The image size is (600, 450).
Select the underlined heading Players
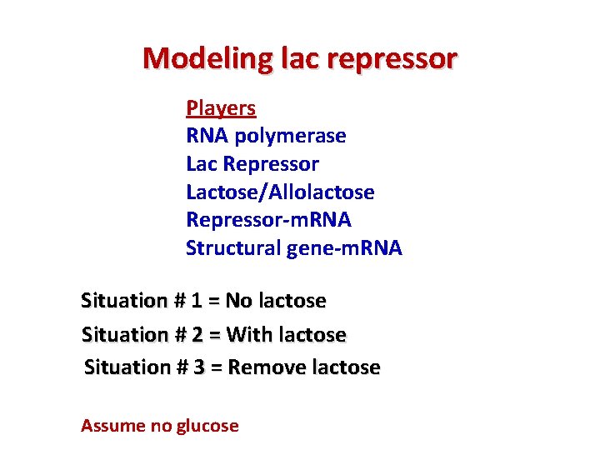221,108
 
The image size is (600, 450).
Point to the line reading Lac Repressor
252,164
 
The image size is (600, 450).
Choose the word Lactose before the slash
218,192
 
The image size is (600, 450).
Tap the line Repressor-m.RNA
268,220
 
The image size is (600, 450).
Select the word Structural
231,248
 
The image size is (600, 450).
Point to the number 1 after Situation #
196,300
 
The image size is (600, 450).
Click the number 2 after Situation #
197,334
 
